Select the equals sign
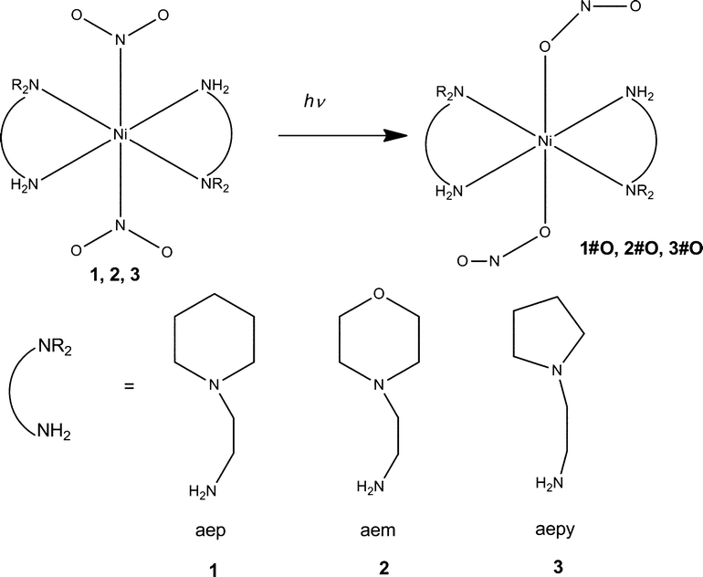129,386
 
